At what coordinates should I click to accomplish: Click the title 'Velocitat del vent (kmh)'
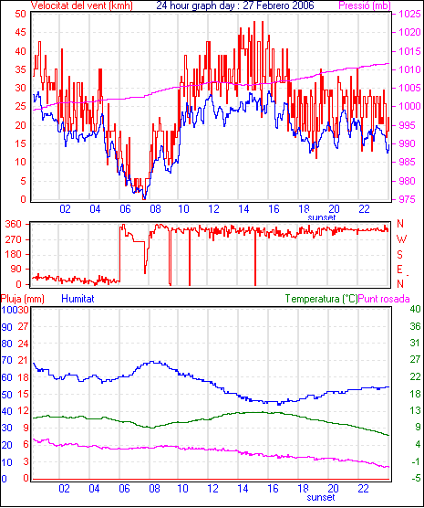coord(81,5)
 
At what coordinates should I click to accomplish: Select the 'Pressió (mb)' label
coord(365,5)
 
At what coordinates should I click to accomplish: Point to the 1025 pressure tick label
coord(409,14)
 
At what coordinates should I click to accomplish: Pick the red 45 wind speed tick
coord(21,32)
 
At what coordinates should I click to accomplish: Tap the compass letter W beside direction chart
coord(401,239)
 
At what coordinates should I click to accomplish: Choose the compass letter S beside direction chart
coord(400,255)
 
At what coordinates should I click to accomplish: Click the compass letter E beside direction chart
coord(399,270)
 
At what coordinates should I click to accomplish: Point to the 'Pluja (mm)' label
coord(22,299)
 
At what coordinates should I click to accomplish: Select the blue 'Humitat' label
coord(78,299)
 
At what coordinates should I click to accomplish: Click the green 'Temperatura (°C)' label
coord(321,299)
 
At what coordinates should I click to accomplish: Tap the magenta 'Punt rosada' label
coord(384,299)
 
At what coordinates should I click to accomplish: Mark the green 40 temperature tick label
coord(415,309)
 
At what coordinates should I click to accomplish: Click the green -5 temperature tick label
coord(415,478)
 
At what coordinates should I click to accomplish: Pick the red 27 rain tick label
coord(23,326)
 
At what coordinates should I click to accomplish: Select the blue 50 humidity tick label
coord(6,395)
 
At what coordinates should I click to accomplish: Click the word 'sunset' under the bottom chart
coord(321,497)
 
